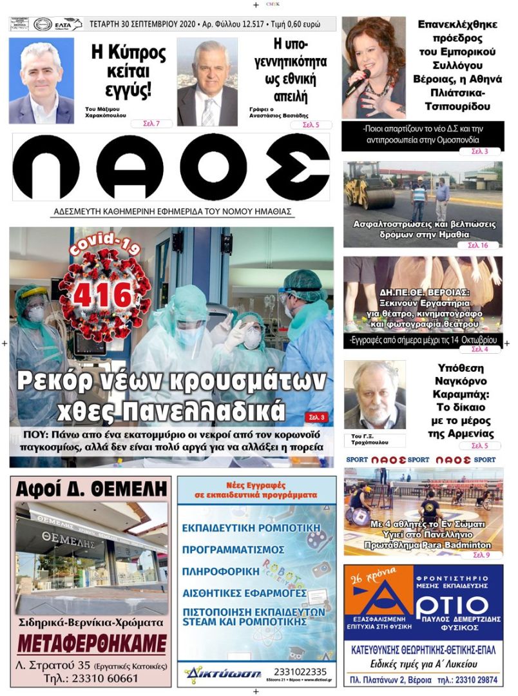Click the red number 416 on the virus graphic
pos(101,296)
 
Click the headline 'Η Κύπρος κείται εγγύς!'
pos(122,71)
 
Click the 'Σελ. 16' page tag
pos(477,246)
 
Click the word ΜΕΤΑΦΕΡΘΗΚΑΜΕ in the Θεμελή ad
pos(91,644)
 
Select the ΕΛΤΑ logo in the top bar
pos(68,24)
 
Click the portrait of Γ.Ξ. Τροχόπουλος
pos(374,396)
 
